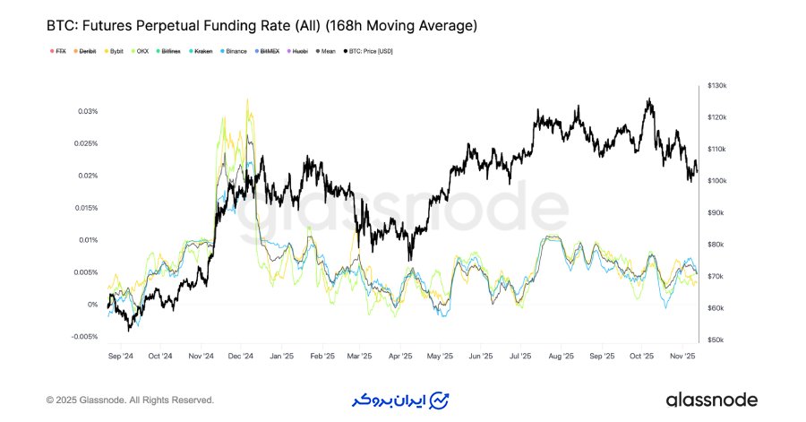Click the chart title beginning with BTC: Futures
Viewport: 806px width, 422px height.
click(x=262, y=27)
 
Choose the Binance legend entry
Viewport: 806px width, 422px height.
click(x=234, y=51)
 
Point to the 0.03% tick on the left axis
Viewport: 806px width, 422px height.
click(x=86, y=111)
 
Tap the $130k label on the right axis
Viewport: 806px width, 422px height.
click(x=717, y=85)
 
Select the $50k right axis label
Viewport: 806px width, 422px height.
click(x=716, y=340)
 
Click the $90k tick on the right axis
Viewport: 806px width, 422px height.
click(x=716, y=212)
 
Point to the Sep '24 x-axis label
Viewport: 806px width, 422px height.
click(x=120, y=356)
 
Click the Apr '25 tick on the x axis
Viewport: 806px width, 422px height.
click(x=400, y=356)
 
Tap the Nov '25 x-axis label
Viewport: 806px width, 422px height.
click(x=683, y=356)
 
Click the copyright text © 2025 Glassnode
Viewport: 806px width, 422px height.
click(x=130, y=400)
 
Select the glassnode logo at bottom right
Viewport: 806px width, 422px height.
click(x=711, y=400)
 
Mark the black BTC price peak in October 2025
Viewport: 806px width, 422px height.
click(x=648, y=100)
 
